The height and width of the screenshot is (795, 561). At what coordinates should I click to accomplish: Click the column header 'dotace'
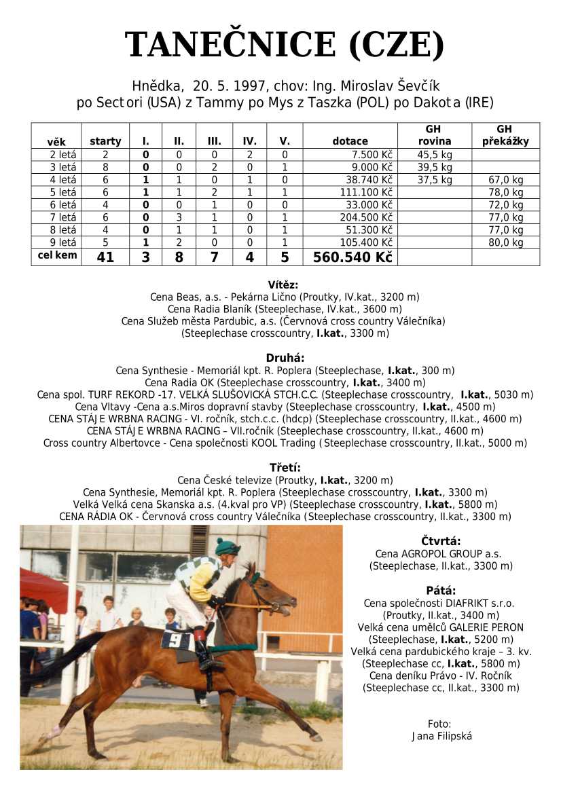click(350, 141)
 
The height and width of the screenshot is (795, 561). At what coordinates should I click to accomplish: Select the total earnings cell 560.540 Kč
click(352, 257)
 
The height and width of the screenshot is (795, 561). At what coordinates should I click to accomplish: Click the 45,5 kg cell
click(434, 155)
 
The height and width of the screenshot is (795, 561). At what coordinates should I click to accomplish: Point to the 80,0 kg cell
click(505, 242)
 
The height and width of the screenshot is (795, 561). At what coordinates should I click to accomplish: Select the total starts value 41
click(105, 257)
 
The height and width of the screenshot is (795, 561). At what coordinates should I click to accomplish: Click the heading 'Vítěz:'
click(283, 285)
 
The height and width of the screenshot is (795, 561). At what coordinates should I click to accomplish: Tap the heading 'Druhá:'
click(285, 358)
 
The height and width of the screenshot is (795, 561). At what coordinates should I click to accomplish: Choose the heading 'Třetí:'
click(285, 468)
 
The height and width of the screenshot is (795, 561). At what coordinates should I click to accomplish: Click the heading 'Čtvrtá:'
click(441, 541)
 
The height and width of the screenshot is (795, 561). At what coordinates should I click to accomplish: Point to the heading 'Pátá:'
click(441, 590)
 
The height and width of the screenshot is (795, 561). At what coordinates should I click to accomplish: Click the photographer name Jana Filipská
click(440, 736)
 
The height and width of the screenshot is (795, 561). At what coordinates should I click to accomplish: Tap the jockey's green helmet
click(227, 547)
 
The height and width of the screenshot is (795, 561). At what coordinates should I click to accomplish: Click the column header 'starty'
click(105, 141)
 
